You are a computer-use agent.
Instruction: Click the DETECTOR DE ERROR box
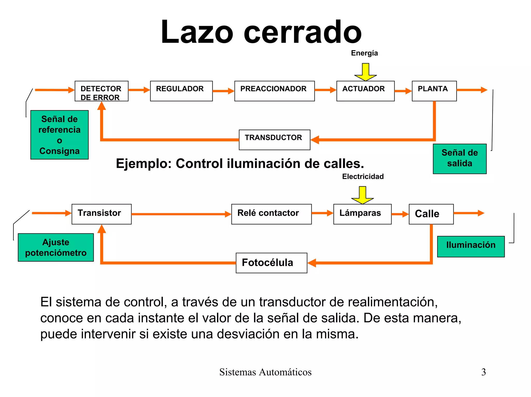coord(101,91)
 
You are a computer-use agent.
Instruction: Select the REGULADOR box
coord(181,91)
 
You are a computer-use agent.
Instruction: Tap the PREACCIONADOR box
coord(274,91)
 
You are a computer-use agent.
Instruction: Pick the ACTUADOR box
coord(365,91)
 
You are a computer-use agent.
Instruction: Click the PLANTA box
coord(434,91)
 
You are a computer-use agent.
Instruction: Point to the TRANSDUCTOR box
coord(274,140)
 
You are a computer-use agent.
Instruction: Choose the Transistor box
coord(101,214)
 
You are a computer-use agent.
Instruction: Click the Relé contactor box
coord(271,214)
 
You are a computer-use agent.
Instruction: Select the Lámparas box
coord(362,214)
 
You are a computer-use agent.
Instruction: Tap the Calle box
coord(431,214)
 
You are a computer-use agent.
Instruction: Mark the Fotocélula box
coord(271,263)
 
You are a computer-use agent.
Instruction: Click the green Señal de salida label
coord(459,159)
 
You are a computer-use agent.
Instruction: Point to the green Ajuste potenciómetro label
coord(56,247)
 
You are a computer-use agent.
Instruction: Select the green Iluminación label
coord(471,246)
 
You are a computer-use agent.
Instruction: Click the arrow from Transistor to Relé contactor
coord(181,214)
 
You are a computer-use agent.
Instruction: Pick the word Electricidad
coord(363,177)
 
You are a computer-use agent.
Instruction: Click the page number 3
coord(483,372)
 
